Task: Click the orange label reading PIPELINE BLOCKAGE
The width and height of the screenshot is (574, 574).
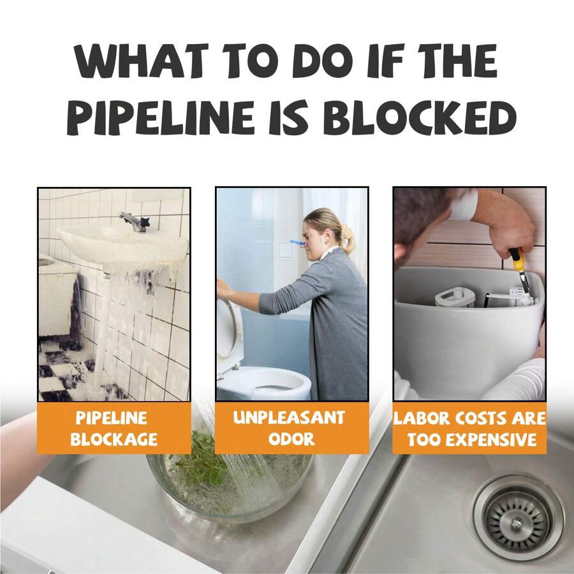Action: coord(114,428)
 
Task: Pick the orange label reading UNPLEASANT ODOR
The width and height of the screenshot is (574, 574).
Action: coord(291,428)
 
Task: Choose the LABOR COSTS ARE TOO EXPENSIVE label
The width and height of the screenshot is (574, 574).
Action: coord(469,428)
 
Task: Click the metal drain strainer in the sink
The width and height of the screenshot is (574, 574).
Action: coord(517,516)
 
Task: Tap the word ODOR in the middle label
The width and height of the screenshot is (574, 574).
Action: coord(291,439)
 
